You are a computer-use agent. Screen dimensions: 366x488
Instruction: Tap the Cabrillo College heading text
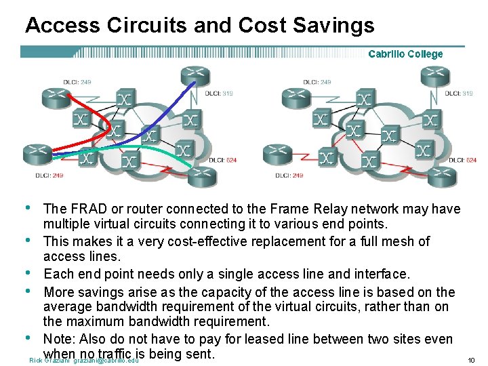tap(405, 54)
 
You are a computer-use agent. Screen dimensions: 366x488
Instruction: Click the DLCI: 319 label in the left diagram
tap(220, 93)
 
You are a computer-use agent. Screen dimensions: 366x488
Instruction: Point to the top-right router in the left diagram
tap(193, 76)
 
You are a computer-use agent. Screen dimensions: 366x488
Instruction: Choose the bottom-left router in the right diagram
tap(277, 154)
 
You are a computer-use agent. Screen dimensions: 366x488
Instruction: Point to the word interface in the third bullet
tap(383, 274)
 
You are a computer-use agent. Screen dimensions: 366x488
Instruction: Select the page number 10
tap(471, 360)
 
